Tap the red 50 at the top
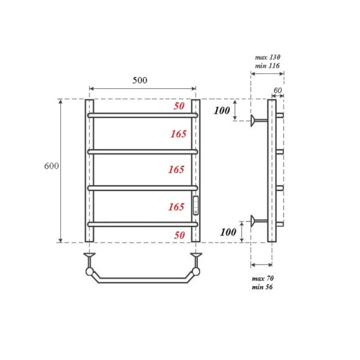click(x=179, y=107)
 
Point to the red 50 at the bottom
click(x=179, y=236)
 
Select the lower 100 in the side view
click(x=229, y=232)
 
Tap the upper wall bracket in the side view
click(x=256, y=120)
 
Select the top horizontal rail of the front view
click(x=143, y=115)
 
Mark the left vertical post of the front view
click(x=89, y=171)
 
